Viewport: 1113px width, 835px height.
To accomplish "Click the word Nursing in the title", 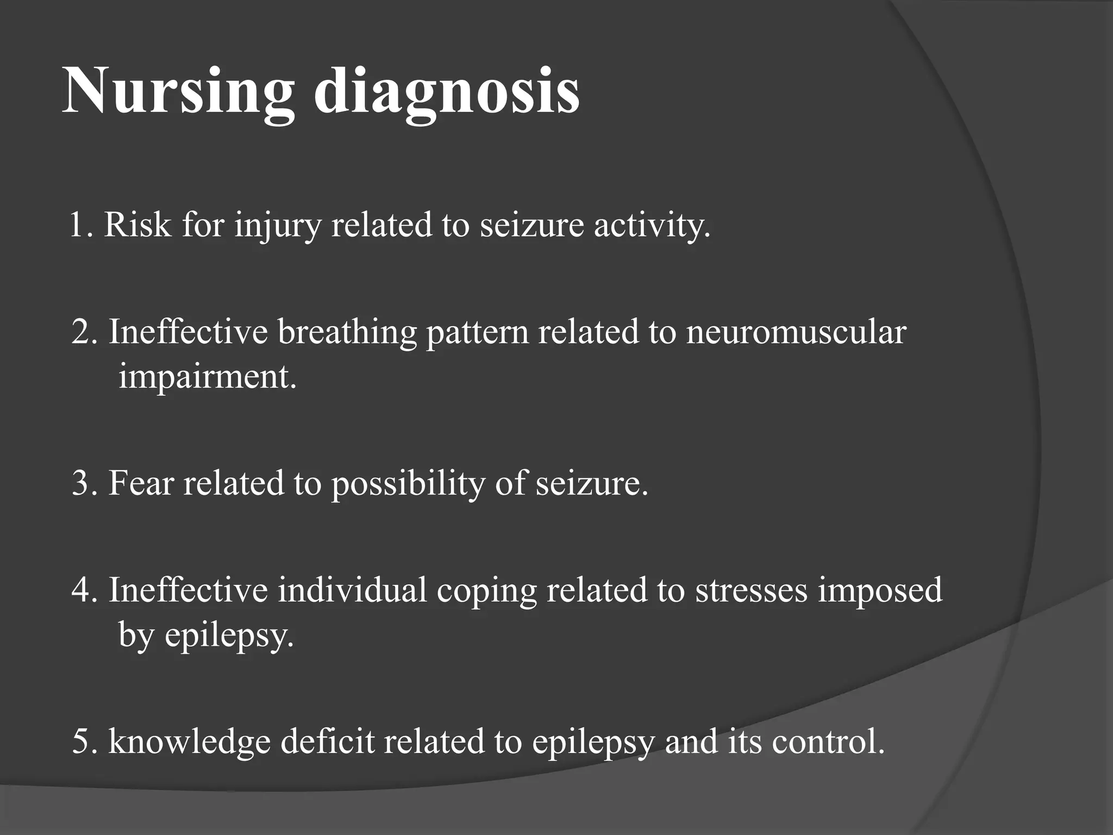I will (178, 90).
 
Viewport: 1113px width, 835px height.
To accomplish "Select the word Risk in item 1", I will (137, 224).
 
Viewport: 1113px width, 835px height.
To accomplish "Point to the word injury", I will (278, 225).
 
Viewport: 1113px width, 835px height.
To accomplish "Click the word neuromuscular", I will (796, 332).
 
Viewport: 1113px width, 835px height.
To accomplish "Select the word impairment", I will (208, 376).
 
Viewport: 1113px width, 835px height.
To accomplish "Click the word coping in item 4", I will (486, 591).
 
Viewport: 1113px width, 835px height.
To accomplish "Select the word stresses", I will (751, 590).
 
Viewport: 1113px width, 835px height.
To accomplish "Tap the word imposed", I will (880, 591).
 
